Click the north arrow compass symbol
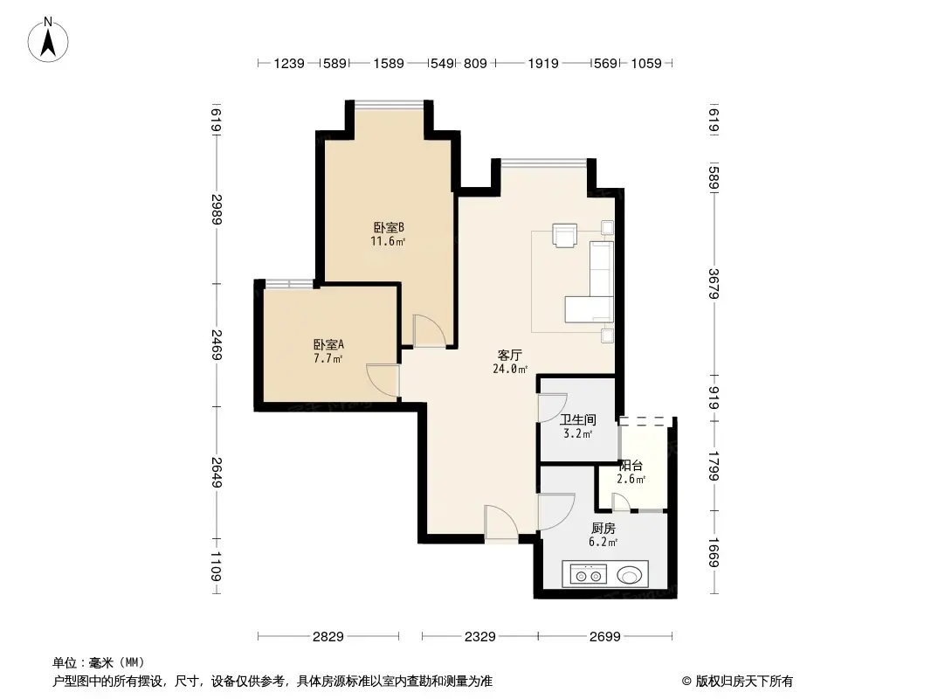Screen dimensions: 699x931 click(49, 38)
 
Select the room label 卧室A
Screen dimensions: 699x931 click(328, 344)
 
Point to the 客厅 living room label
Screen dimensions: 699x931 click(510, 356)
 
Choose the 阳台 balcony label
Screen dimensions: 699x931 click(631, 466)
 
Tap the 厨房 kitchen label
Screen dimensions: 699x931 click(603, 529)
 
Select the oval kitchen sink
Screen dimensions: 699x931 click(630, 575)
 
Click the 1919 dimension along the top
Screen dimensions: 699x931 click(542, 63)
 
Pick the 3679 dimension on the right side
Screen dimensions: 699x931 click(714, 284)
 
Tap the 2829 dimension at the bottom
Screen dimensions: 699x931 click(328, 637)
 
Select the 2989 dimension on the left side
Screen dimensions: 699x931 click(216, 210)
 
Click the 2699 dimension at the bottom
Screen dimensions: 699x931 click(603, 637)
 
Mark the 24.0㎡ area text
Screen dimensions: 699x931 click(510, 370)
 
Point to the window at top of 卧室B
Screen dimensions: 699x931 click(390, 105)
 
